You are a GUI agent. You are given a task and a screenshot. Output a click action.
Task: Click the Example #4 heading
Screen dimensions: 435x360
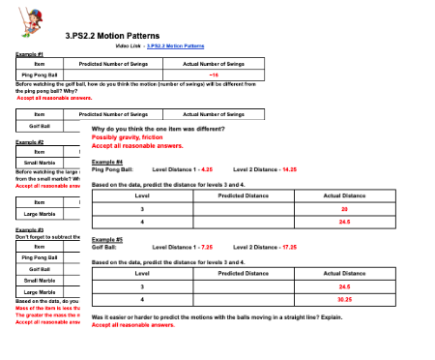click(106, 162)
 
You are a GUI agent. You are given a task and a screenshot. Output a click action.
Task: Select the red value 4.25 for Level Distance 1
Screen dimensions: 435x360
click(202, 169)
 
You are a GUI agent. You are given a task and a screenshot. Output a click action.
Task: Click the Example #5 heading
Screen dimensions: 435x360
click(106, 239)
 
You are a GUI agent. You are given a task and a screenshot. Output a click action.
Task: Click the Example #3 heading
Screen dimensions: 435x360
click(29, 229)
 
